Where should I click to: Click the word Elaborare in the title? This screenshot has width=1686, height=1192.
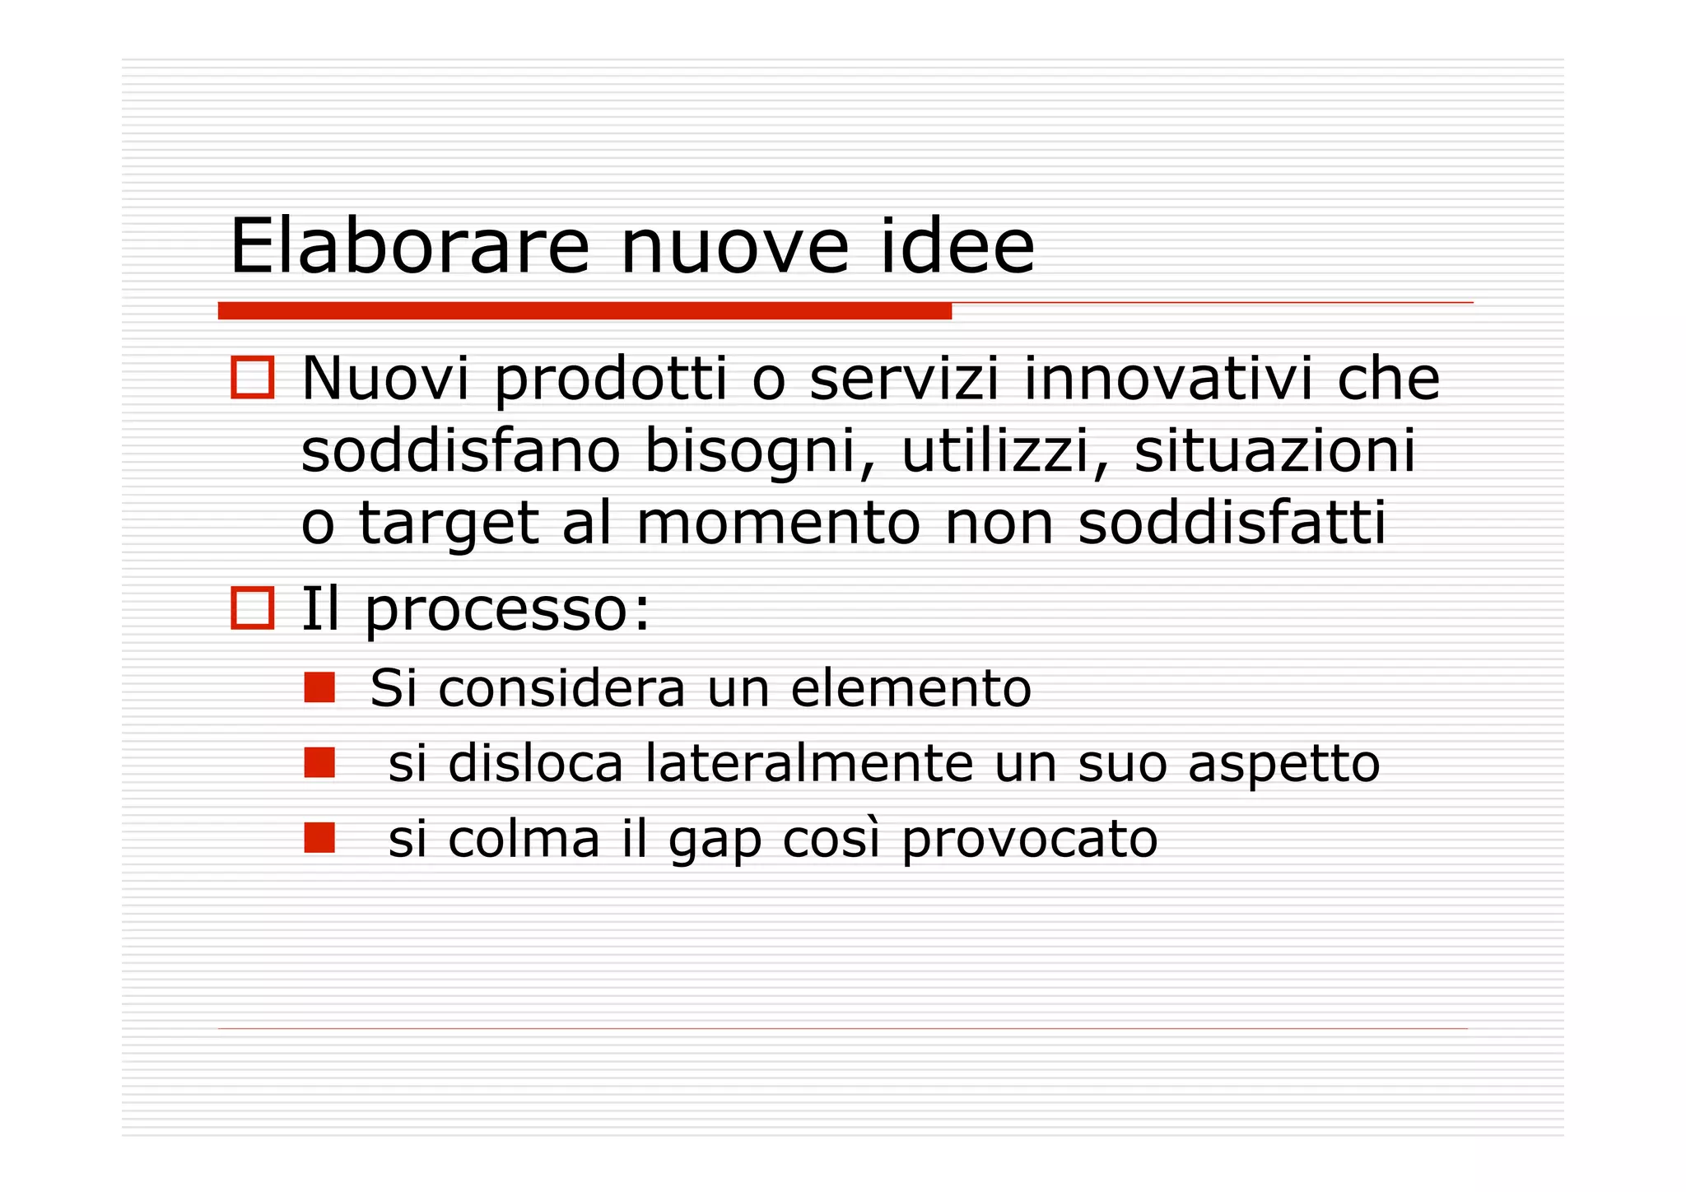click(x=409, y=246)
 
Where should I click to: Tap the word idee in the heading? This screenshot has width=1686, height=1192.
click(x=957, y=246)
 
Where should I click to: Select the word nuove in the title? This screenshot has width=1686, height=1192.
click(x=734, y=246)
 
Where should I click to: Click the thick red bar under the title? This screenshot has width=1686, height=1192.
click(x=585, y=311)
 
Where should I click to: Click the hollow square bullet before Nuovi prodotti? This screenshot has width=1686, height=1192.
click(x=252, y=379)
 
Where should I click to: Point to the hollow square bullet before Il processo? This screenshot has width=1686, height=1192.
click(x=252, y=609)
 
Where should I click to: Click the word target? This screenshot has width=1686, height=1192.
click(x=449, y=524)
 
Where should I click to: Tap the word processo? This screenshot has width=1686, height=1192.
click(x=507, y=611)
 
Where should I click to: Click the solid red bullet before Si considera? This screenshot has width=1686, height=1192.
click(x=319, y=687)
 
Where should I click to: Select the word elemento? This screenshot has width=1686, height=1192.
click(x=911, y=688)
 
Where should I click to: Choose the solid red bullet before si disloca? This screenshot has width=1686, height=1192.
click(x=319, y=762)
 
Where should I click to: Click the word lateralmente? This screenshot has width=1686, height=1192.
click(x=809, y=763)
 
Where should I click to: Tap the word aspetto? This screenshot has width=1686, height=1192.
click(x=1283, y=765)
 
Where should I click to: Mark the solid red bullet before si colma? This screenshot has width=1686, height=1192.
click(x=319, y=837)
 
